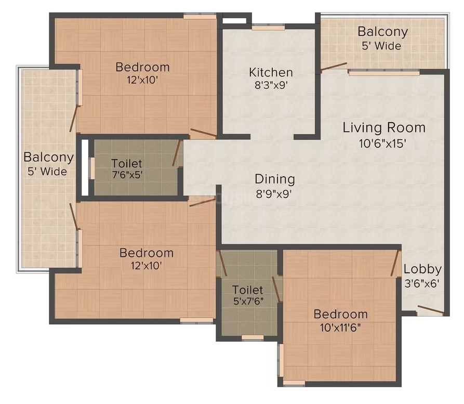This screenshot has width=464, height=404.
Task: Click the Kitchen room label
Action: [x=271, y=72]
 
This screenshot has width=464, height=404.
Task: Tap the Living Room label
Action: [x=384, y=128]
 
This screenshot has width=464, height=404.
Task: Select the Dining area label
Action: [x=275, y=179]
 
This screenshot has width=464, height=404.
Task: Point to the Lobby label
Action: [x=422, y=269]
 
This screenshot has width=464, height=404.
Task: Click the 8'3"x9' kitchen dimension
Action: [x=271, y=85]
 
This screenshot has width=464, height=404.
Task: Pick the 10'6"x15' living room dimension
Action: [x=382, y=144]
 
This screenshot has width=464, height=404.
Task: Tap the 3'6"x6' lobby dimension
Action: [x=422, y=283]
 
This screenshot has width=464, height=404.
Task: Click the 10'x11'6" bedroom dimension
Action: [x=340, y=328]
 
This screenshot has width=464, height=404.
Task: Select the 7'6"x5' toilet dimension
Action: [x=127, y=175]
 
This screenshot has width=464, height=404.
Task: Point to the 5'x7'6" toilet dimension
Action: [x=248, y=301]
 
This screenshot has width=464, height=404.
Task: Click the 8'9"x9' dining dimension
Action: [x=274, y=194]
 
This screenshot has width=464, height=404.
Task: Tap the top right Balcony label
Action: [x=382, y=32]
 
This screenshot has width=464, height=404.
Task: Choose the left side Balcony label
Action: [x=48, y=157]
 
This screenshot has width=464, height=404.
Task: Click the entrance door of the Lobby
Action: [x=431, y=309]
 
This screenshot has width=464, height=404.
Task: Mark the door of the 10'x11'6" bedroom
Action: [x=394, y=263]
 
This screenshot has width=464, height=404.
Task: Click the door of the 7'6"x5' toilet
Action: [x=176, y=153]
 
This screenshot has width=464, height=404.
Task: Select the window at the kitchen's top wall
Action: [x=269, y=28]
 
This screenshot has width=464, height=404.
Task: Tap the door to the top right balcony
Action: [x=334, y=67]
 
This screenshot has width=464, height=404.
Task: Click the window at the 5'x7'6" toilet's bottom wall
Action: [x=253, y=337]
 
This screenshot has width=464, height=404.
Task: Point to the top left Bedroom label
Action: [x=142, y=67]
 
